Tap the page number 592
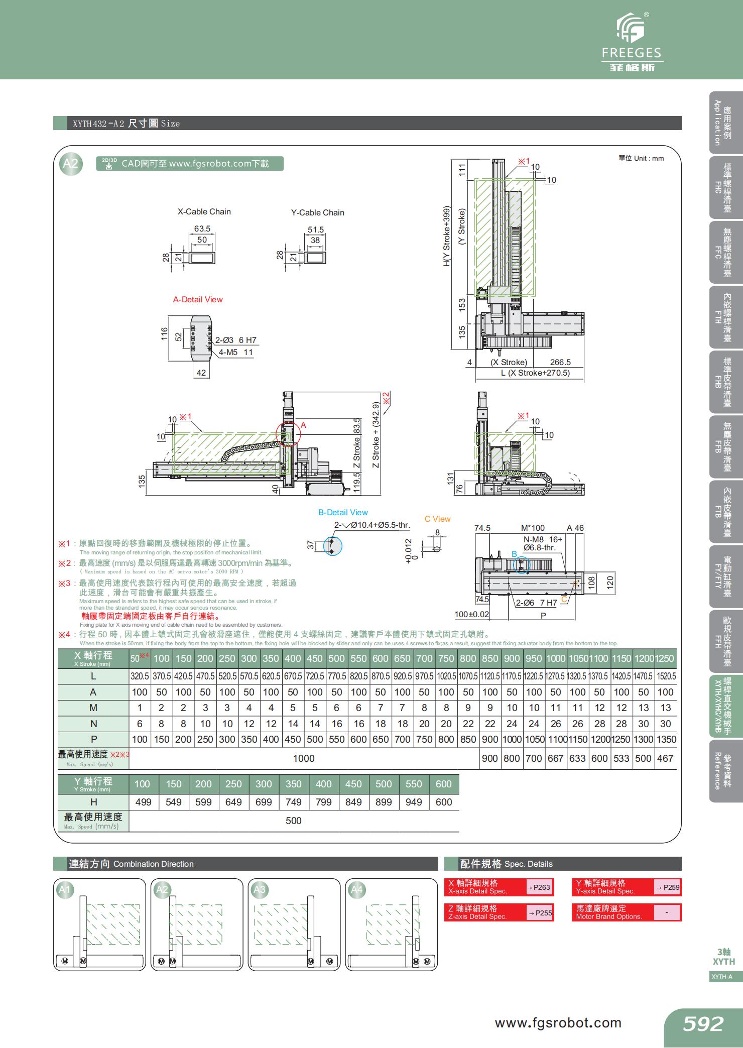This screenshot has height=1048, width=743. tap(703, 1024)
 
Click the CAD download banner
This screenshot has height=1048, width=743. tap(190, 164)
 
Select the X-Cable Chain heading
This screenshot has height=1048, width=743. tap(204, 212)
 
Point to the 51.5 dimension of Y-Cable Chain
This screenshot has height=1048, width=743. tap(316, 230)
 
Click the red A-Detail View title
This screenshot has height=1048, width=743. tap(198, 300)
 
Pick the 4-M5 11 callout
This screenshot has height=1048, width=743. tap(236, 353)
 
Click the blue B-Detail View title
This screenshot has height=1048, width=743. tap(343, 513)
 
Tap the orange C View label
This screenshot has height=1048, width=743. tap(437, 519)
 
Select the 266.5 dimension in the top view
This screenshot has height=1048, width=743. tap(560, 363)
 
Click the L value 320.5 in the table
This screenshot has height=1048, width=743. tap(140, 676)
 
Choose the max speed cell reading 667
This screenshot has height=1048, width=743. tap(555, 758)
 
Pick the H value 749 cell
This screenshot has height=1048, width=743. tap(294, 802)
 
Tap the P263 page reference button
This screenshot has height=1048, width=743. tap(539, 887)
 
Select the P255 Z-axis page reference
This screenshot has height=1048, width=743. tap(539, 913)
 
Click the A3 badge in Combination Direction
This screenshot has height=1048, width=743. tap(259, 890)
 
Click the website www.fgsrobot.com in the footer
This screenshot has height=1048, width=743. tap(558, 1023)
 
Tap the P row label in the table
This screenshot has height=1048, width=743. tap(93, 739)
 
